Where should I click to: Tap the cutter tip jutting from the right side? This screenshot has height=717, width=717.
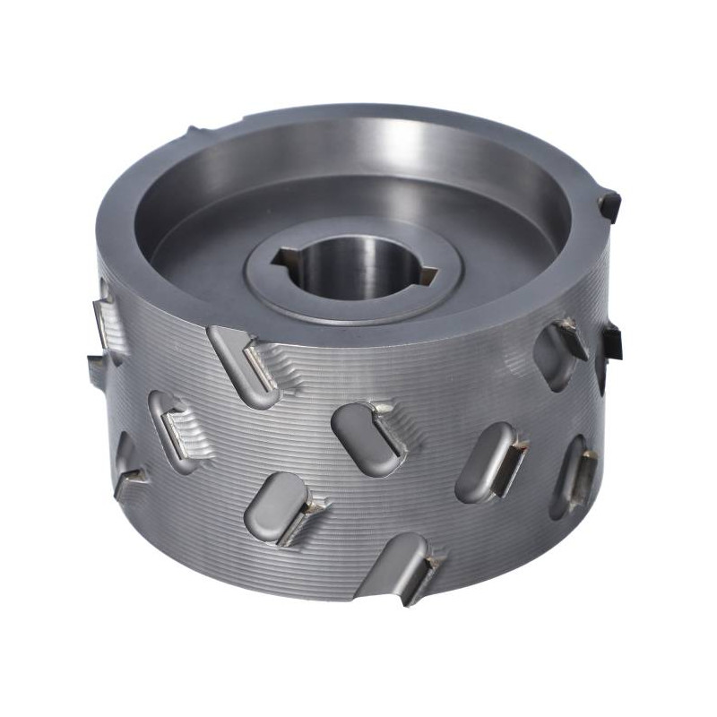pos(612,341)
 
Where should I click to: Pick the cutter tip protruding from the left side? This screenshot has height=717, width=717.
pos(97,367)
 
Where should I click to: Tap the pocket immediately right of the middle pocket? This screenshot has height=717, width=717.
pos(488,462)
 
